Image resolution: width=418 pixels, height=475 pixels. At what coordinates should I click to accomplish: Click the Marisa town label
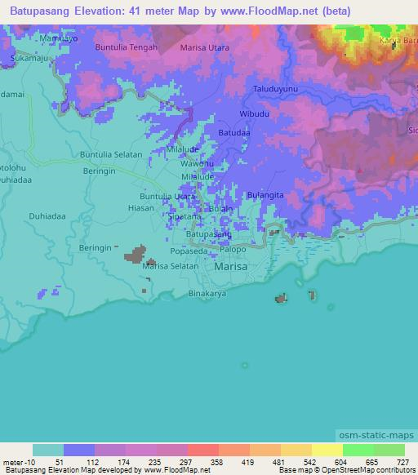pos(229,266)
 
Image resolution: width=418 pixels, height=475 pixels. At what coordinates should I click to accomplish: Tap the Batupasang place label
pos(209,234)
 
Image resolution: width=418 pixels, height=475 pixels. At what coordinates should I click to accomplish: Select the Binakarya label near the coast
pos(207,294)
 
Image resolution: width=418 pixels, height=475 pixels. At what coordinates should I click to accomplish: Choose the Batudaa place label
pos(234,132)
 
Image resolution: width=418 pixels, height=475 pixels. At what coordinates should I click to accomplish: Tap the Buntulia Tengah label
pos(125,48)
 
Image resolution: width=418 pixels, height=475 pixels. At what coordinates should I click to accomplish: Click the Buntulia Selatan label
pos(110,154)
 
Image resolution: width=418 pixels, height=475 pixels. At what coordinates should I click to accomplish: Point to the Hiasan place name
pos(140,208)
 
